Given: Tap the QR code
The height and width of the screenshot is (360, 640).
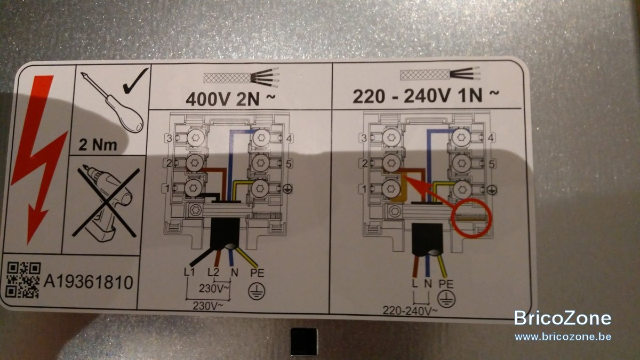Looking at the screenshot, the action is tap(23, 280).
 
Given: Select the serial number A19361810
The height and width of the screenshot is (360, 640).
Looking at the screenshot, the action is tap(89, 282).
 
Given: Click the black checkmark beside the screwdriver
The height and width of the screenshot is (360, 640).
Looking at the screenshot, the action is tap(135, 81).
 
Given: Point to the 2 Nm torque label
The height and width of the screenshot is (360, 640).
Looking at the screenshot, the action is tap(98, 145).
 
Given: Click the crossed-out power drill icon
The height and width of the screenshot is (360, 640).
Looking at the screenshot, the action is tap(106, 202).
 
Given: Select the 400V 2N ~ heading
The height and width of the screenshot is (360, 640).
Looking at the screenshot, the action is tap(230, 99).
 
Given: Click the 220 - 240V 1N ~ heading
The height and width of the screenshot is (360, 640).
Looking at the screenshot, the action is tap(426, 96).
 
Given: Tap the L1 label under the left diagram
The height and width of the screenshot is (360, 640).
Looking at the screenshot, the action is tap(189, 273).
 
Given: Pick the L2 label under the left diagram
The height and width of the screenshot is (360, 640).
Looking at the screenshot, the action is tap(213, 273).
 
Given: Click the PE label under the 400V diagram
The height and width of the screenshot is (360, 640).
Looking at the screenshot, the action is tap(257, 273).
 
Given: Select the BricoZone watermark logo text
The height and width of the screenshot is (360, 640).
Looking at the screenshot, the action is tap(563, 318).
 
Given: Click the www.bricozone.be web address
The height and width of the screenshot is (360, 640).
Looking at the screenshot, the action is tap(563, 337).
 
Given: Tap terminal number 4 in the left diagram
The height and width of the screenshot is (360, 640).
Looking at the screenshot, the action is tap(289, 139).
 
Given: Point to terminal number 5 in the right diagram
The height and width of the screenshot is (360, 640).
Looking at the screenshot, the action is tap(491, 164).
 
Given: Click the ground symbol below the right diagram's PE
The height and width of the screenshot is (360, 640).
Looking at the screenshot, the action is tap(446, 299).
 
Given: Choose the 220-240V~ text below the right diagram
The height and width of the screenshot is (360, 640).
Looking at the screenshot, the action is tap(410, 311).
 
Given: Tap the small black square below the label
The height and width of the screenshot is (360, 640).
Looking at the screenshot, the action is tap(304, 341).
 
